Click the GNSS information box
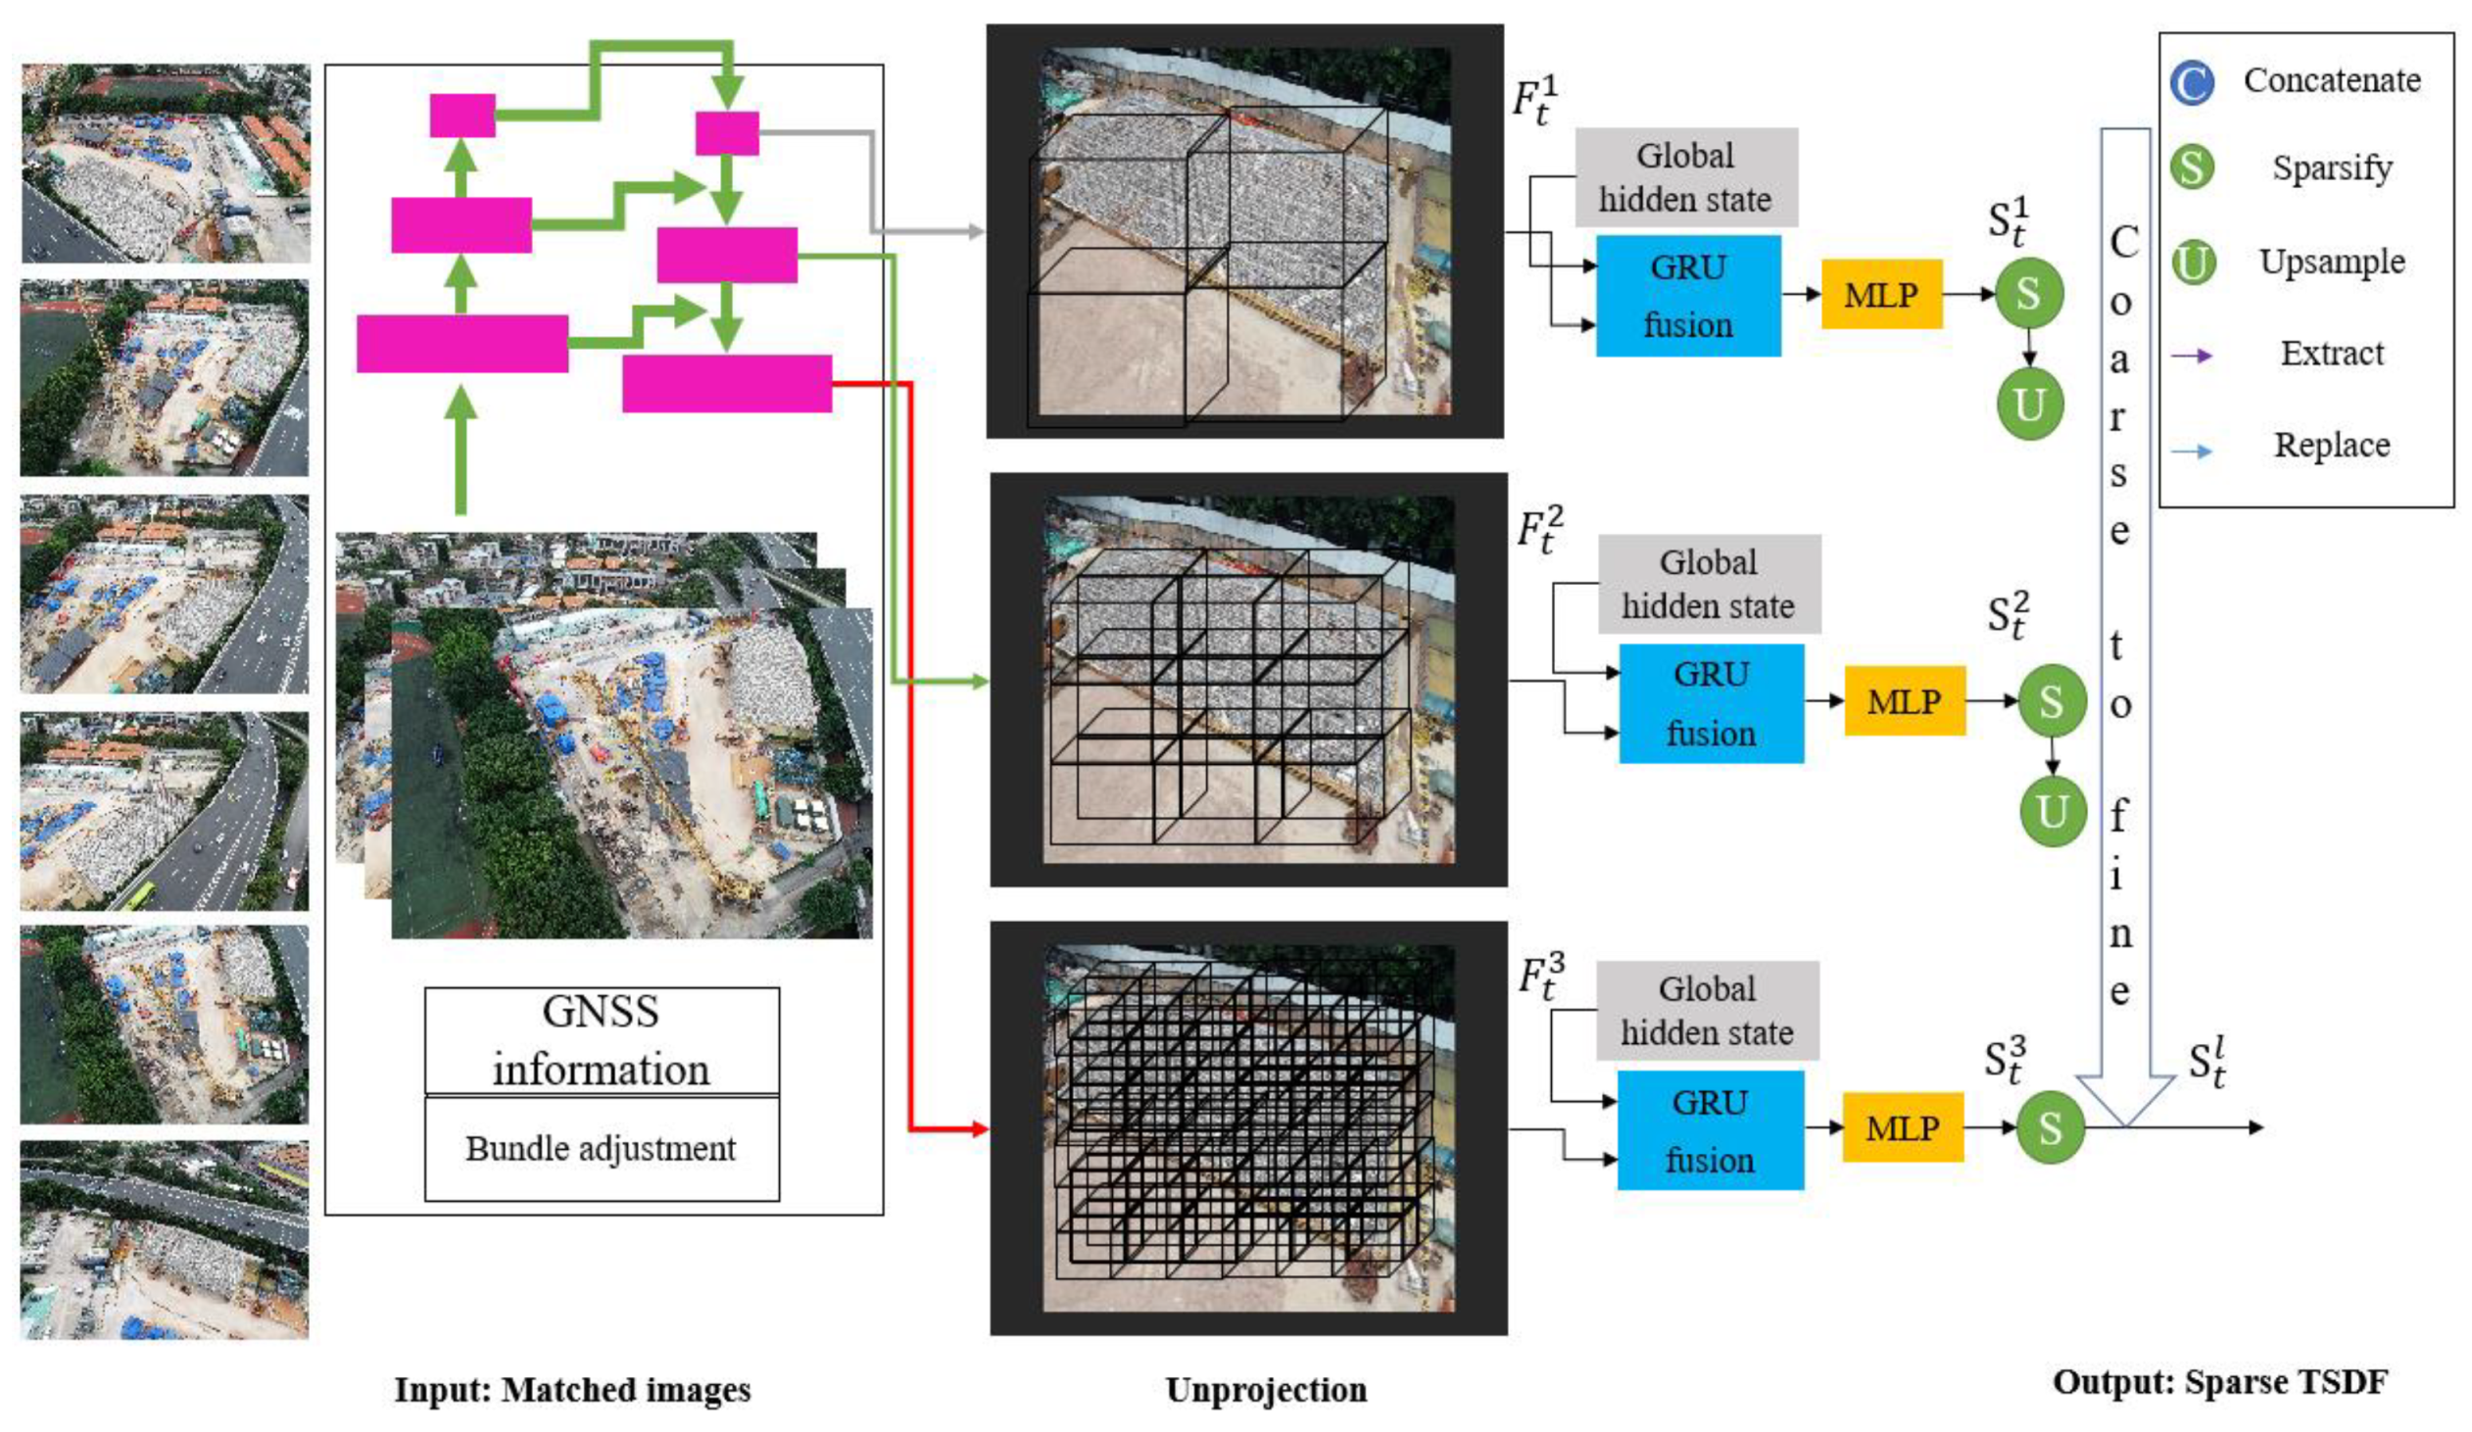pyautogui.click(x=602, y=1040)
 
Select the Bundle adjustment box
pyautogui.click(x=602, y=1149)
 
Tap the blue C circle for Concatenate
pyautogui.click(x=2192, y=82)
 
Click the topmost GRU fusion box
pyautogui.click(x=1687, y=295)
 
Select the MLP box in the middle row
pyautogui.click(x=1904, y=701)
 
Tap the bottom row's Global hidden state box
pyautogui.click(x=1707, y=1010)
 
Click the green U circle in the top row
pyautogui.click(x=2028, y=405)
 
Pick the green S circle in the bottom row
pyautogui.click(x=2049, y=1128)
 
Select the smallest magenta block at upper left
pyautogui.click(x=462, y=116)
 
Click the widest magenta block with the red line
pyautogui.click(x=727, y=384)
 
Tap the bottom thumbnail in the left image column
pyautogui.click(x=165, y=1240)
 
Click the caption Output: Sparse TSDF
pyautogui.click(x=2219, y=1382)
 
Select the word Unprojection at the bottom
pyautogui.click(x=1266, y=1390)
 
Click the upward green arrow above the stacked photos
pyautogui.click(x=461, y=452)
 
